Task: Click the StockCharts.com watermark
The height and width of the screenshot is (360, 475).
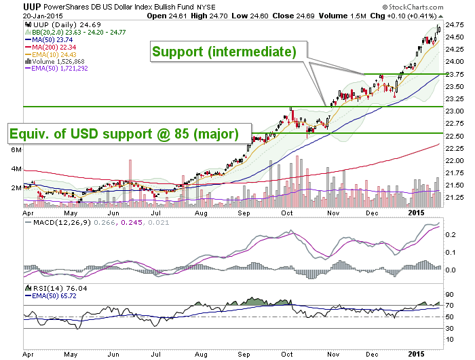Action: point(413,7)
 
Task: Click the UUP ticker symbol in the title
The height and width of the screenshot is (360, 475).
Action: point(32,7)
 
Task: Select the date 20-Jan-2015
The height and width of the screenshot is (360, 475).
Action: point(43,16)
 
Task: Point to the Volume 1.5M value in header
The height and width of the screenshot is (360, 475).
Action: point(342,16)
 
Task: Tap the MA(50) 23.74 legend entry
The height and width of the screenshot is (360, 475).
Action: point(49,39)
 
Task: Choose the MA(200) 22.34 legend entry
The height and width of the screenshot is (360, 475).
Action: point(51,47)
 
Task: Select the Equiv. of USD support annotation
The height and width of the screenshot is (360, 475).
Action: point(130,133)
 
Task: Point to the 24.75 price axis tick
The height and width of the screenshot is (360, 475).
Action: point(455,25)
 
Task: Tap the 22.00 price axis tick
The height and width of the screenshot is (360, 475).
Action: point(455,160)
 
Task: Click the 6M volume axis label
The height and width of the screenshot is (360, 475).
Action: point(16,150)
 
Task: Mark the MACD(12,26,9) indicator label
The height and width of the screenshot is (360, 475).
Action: point(59,223)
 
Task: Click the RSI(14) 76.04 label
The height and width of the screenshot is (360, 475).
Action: point(56,288)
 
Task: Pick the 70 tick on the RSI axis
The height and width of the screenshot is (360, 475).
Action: point(449,306)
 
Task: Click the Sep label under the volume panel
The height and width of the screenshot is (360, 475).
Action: point(244,213)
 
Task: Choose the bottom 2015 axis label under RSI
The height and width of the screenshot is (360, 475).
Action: point(417,354)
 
